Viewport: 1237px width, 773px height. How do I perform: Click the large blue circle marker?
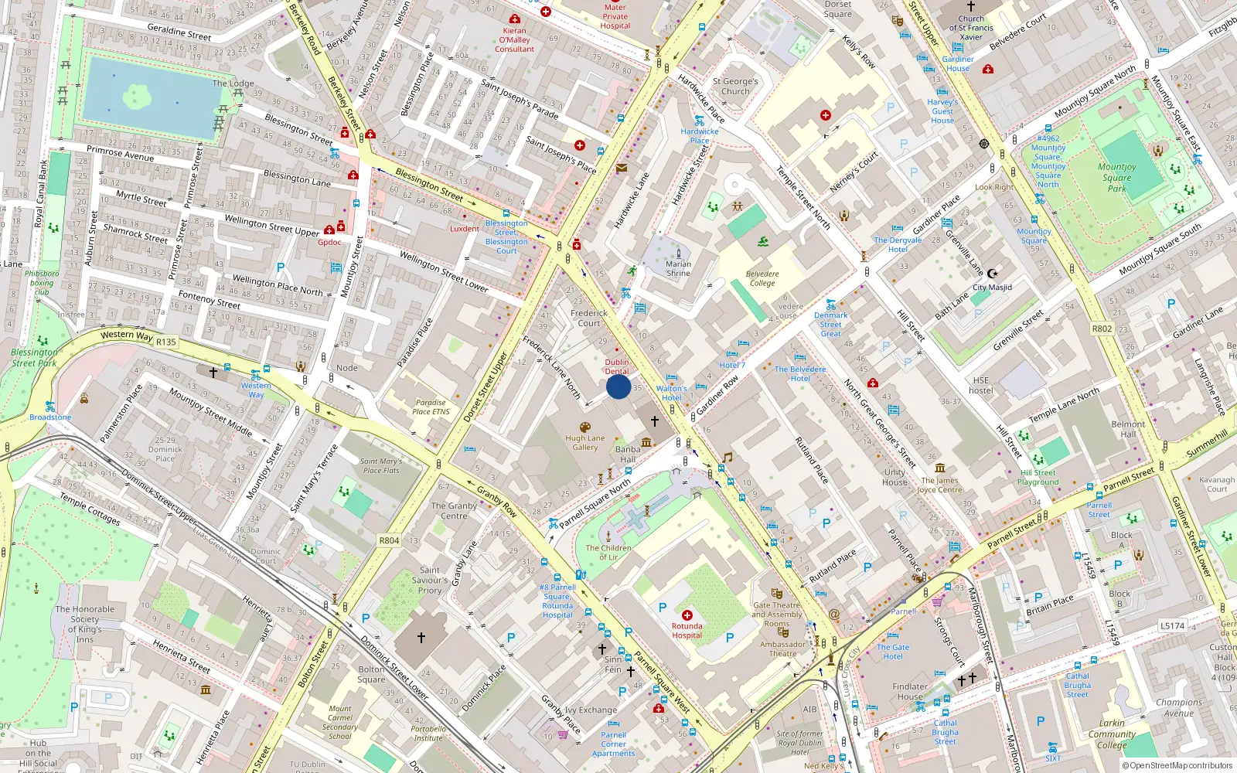618,386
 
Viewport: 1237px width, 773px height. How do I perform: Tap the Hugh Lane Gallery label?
585,443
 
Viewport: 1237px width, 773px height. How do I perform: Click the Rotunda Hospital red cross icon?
687,615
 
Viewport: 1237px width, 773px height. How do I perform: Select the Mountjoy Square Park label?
1116,177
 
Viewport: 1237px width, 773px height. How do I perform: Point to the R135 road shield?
165,342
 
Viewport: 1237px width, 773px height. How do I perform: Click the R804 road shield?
389,540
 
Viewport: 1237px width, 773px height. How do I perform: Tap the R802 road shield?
1102,329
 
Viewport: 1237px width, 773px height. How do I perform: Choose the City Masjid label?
992,287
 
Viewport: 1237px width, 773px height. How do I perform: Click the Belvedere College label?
762,278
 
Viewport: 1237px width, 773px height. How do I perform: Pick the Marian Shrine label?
678,268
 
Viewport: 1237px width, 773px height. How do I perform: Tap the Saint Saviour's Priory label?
430,580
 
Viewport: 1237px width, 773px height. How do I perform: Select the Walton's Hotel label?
671,393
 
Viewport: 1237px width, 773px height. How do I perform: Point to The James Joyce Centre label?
940,485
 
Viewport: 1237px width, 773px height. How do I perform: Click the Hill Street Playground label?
1038,477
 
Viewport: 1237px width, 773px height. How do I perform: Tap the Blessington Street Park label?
34,357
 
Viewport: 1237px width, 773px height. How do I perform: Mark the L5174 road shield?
1172,625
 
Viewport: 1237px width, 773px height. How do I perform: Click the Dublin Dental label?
617,366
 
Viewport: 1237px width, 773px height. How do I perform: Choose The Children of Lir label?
608,552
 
